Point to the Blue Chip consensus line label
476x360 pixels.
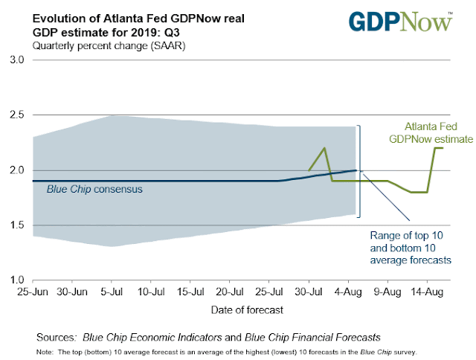pyautogui.click(x=94, y=190)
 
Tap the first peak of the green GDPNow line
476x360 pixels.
pyautogui.click(x=324, y=148)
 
